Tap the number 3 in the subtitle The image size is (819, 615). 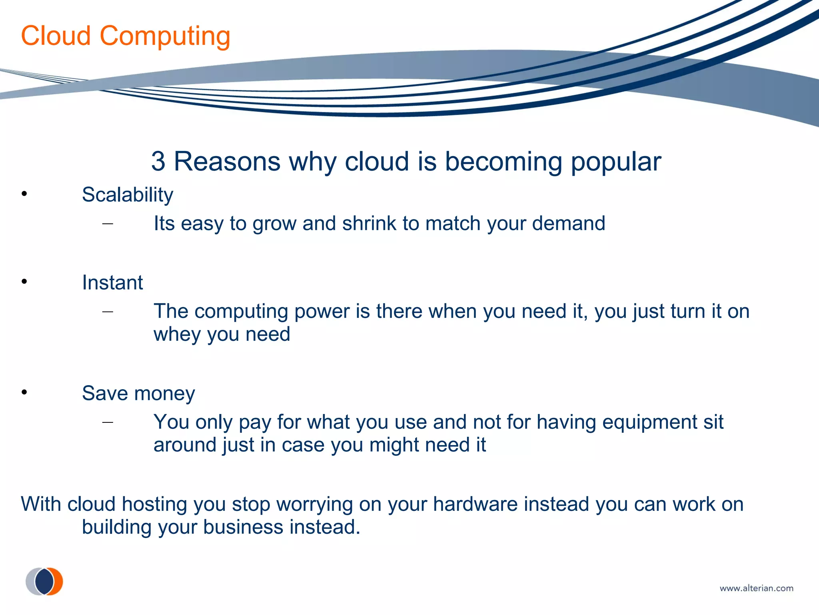[158, 161]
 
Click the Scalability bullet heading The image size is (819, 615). [127, 195]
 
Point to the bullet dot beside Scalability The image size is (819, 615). [24, 194]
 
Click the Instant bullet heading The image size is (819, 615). [112, 283]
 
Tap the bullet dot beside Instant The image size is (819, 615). [24, 282]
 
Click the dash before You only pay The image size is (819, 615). [108, 422]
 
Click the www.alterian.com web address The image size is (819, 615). [756, 588]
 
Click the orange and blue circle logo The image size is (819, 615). [44, 581]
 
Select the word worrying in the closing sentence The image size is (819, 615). [314, 504]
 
